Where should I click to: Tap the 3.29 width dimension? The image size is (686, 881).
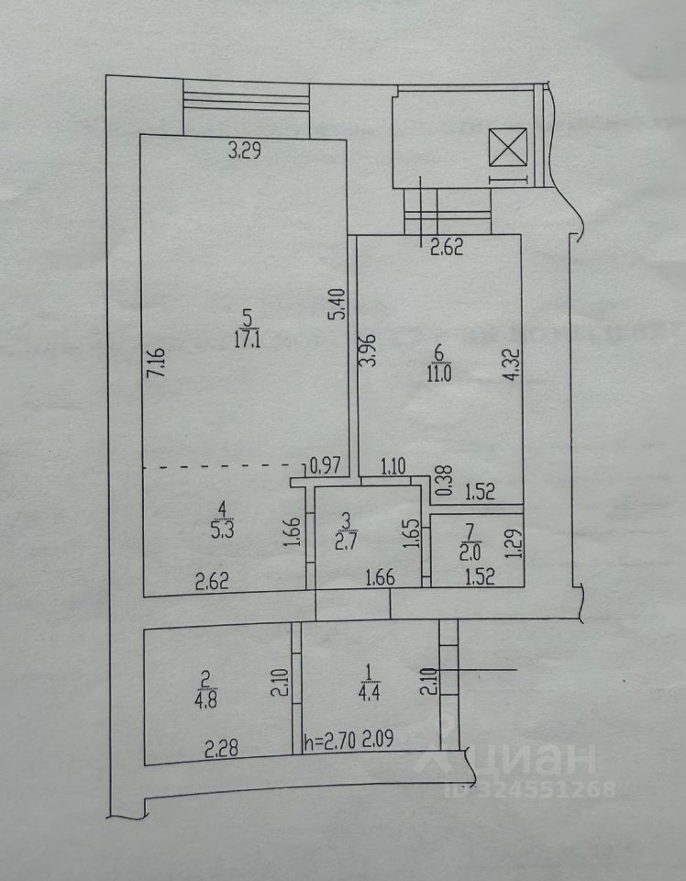point(244,153)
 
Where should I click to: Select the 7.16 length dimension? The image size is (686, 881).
point(159,362)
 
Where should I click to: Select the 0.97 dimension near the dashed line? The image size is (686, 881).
point(325,466)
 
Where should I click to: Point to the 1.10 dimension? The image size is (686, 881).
point(393,466)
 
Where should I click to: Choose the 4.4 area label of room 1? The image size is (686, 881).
point(369,694)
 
